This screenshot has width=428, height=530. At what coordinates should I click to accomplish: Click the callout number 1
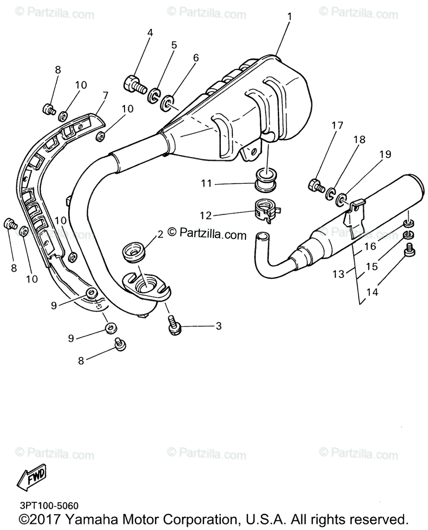point(289,17)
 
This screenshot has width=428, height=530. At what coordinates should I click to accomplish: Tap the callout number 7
point(105,95)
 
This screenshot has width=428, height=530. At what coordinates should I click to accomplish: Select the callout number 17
point(337,125)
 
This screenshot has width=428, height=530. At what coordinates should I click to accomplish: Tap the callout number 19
point(385,154)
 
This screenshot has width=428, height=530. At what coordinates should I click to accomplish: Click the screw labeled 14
point(409,250)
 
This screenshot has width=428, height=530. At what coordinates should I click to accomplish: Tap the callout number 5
point(174,45)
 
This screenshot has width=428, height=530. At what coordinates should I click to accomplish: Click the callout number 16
point(370,246)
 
